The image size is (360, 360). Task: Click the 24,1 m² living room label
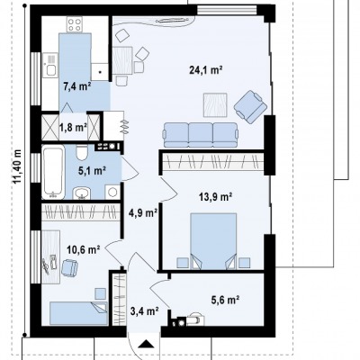click(x=206, y=70)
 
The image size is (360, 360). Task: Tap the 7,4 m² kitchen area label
click(x=77, y=86)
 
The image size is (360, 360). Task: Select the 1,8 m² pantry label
click(x=73, y=128)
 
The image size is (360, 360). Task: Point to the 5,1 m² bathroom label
click(x=92, y=171)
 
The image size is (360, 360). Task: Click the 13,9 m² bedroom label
click(x=216, y=197)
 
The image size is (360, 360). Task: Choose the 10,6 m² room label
click(x=84, y=249)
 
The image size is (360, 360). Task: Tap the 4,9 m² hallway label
click(x=144, y=213)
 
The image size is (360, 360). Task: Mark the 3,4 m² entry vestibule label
click(x=145, y=311)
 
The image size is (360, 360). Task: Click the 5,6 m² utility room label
click(x=225, y=300)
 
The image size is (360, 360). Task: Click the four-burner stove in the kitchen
click(x=75, y=24)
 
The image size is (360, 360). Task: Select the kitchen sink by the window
click(x=49, y=65)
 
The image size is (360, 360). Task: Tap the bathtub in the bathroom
click(x=53, y=172)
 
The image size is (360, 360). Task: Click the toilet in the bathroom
click(x=82, y=152)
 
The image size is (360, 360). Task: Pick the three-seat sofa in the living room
click(x=200, y=135)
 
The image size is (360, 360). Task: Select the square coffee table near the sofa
click(x=215, y=105)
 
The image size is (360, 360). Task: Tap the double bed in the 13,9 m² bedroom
click(x=213, y=241)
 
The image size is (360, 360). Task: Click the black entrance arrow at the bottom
click(x=146, y=344)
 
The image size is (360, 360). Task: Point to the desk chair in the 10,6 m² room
click(x=69, y=267)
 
